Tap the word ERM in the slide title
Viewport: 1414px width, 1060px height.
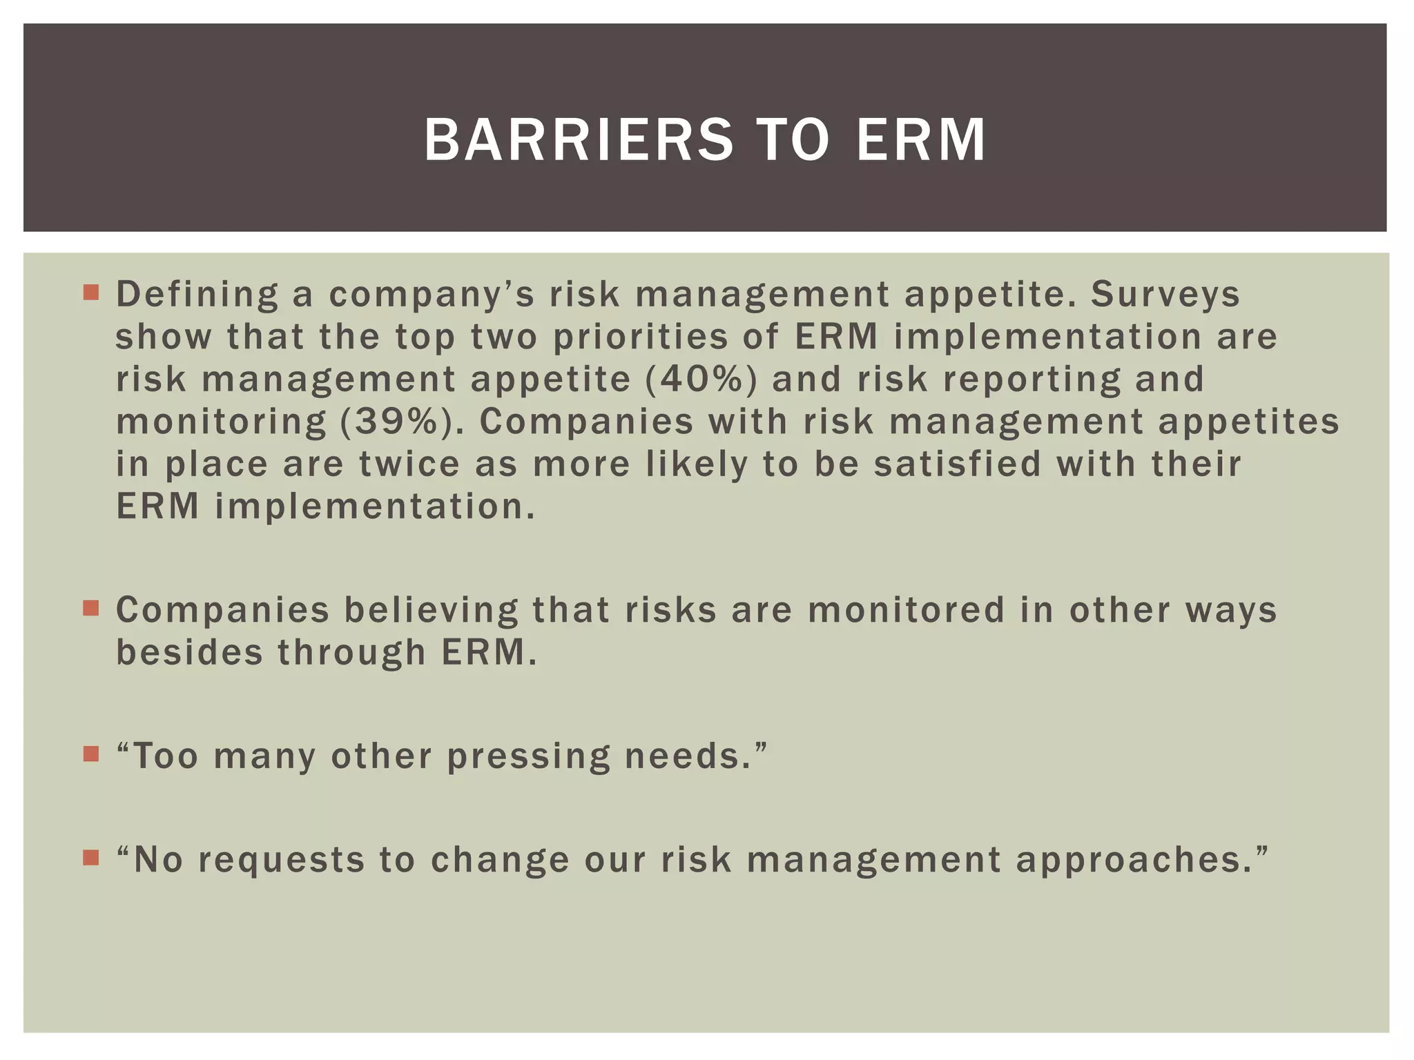pos(921,140)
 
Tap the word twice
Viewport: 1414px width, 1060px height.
pos(409,464)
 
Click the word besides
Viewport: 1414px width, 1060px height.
pos(189,653)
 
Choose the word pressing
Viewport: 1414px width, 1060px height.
pos(528,757)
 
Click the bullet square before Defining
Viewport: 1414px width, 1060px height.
pos(90,293)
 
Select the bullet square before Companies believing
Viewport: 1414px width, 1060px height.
pos(90,608)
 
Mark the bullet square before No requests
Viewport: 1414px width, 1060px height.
pos(90,858)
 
